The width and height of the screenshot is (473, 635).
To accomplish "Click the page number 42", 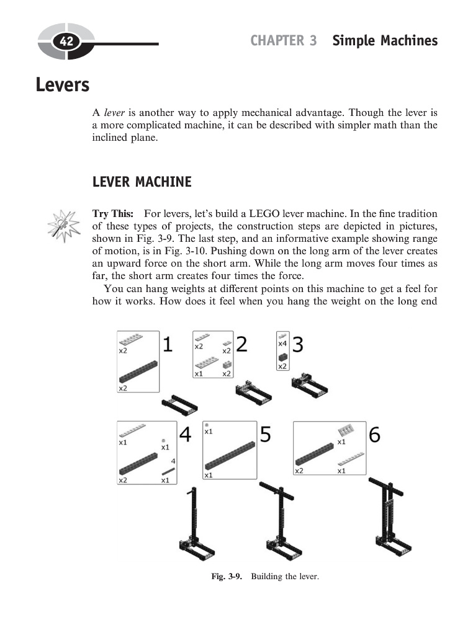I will coord(66,42).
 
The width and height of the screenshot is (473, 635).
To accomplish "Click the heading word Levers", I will coord(63,84).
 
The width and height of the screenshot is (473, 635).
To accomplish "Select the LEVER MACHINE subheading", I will coord(142,182).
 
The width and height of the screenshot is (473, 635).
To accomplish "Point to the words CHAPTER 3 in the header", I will coord(284,41).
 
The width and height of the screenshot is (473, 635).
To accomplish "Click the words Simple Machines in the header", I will coord(385,41).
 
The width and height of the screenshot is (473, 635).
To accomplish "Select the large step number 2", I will coord(241,344).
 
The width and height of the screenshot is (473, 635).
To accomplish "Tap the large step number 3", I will coord(298,344).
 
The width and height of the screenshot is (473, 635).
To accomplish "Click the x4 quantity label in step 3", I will coord(282,344).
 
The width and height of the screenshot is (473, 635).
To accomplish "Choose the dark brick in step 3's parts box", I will coord(283,357).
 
